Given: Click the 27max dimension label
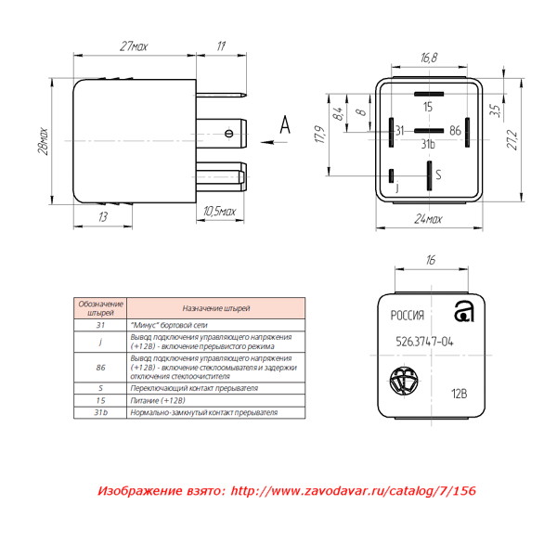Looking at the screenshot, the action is [134, 46].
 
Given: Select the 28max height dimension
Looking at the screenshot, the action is [43, 141].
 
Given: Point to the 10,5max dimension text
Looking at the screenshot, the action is [219, 212].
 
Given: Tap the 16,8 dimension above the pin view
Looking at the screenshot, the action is [429, 58].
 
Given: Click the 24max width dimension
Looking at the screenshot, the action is [428, 219].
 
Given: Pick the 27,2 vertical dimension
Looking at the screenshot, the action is [512, 139].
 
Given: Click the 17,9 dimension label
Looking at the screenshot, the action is [320, 135].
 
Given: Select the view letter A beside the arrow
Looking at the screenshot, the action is [285, 124].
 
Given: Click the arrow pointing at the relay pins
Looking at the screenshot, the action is [274, 142].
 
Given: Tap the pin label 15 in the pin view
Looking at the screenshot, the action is [428, 107].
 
